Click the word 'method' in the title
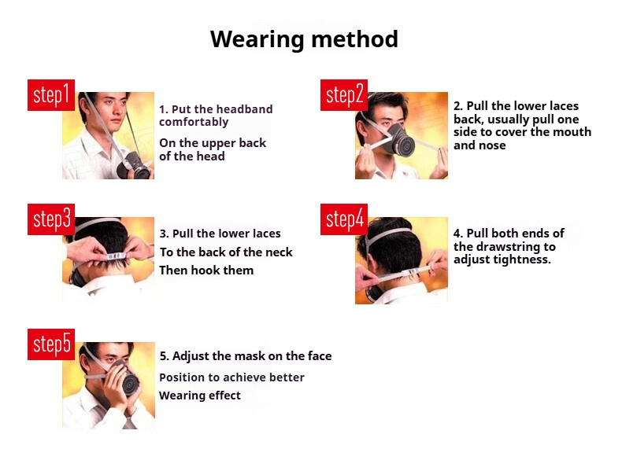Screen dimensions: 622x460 click(x=354, y=39)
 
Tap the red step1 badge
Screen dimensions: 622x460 click(x=51, y=95)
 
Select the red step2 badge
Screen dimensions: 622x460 click(x=344, y=95)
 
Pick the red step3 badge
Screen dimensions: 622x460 click(x=51, y=219)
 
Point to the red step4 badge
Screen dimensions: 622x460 click(x=344, y=219)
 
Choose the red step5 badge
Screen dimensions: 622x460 click(x=51, y=344)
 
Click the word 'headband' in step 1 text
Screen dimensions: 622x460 click(x=245, y=109)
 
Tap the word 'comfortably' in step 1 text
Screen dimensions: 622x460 click(x=194, y=122)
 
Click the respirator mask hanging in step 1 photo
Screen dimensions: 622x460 click(x=134, y=167)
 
